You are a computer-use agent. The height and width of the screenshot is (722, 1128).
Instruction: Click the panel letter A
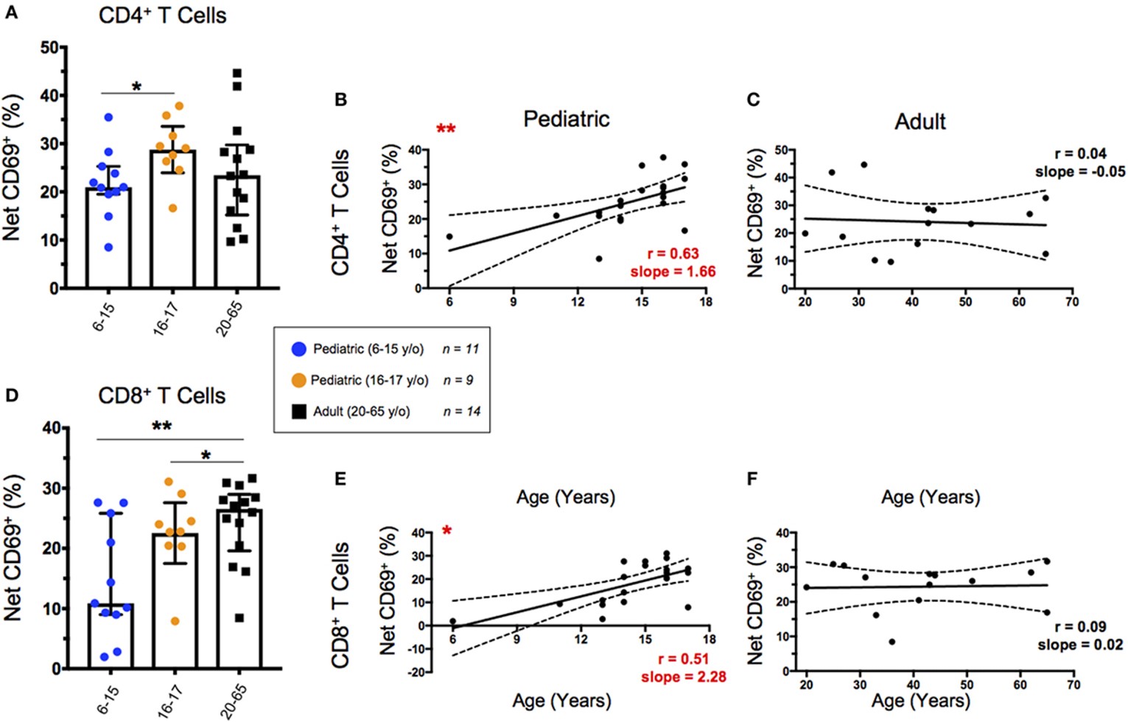point(11,13)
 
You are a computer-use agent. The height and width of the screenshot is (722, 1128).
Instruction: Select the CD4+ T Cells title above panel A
point(162,15)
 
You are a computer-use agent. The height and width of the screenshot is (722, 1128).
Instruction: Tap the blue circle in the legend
point(299,349)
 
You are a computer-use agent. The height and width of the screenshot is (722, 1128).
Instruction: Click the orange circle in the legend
point(298,380)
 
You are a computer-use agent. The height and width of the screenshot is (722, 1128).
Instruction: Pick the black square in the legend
point(299,411)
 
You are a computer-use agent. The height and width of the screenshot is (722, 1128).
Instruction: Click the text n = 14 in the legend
point(462,411)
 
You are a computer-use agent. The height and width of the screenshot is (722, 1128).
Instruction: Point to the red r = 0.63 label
point(673,254)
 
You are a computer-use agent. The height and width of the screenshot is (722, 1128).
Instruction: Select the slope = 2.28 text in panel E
point(683,676)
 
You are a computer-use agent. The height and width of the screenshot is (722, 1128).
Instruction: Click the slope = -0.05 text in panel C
point(1080,172)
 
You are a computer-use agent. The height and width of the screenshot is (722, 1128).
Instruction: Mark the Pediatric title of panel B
point(566,119)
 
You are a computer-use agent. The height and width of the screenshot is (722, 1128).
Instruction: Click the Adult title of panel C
point(919,122)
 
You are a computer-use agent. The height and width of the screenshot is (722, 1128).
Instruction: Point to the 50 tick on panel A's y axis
point(49,48)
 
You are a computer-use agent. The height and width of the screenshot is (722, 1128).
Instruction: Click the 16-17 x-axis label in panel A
point(167,319)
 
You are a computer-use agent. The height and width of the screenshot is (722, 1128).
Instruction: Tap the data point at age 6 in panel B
point(449,236)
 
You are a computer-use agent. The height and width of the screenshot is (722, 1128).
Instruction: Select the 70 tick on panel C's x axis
point(1071,302)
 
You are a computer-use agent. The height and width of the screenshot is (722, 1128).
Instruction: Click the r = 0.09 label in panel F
point(1080,627)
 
